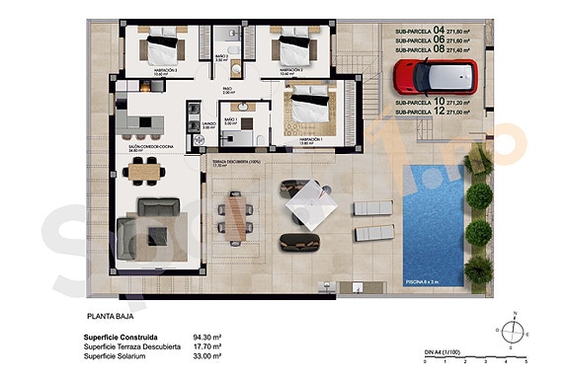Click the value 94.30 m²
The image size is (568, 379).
tap(204, 337)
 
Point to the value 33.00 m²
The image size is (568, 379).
tap(204, 356)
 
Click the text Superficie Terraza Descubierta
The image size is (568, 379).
tap(132, 346)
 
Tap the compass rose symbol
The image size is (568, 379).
tap(512, 331)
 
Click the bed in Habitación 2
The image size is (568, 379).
tap(292, 45)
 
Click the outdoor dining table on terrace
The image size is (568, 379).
tap(236, 214)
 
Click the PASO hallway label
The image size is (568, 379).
tap(226, 90)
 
